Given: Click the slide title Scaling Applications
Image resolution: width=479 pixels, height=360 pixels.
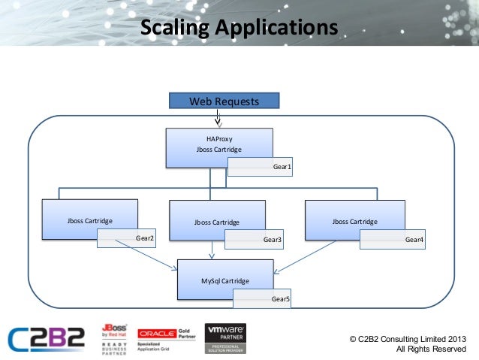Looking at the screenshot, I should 239,28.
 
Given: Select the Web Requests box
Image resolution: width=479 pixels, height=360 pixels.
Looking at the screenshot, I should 223,101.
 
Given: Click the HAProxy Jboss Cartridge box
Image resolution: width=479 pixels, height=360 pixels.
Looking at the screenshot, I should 218,143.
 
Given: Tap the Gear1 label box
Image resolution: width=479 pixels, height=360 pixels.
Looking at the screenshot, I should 260,166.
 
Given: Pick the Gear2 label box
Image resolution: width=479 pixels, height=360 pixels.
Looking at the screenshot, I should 127,238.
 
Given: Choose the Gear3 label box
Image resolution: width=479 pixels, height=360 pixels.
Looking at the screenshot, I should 255,239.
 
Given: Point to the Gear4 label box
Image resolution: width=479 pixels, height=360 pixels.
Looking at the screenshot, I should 393,239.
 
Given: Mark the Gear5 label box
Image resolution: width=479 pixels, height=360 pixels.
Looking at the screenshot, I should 262,298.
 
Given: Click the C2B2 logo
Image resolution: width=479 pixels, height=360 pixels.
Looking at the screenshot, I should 47,339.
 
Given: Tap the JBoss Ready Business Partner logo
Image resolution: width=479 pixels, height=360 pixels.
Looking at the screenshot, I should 114,339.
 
